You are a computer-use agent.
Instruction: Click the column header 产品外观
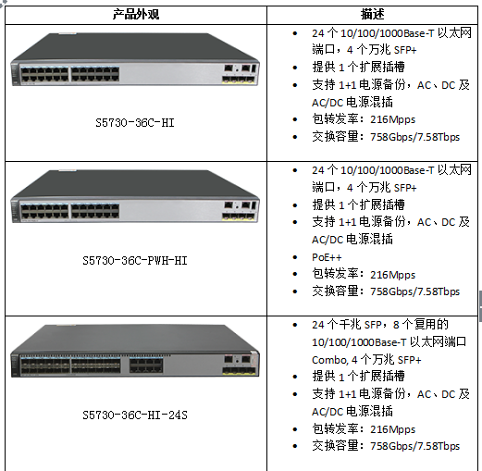tap(136, 15)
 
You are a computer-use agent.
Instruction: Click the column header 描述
tap(373, 14)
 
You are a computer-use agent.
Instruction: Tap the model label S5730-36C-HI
tap(135, 123)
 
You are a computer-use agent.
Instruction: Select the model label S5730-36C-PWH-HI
tap(135, 261)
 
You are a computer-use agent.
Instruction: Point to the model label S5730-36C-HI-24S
tap(135, 415)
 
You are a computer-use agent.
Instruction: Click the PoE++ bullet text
tap(327, 257)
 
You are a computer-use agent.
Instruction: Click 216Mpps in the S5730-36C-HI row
tap(392, 119)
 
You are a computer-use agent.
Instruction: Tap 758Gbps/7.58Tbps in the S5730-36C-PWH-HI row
tap(414, 291)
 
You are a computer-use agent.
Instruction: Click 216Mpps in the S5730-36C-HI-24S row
tap(392, 429)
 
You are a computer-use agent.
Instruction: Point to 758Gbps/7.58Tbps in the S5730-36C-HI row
tap(414, 137)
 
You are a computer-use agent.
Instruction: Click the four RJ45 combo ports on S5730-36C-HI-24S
tap(146, 366)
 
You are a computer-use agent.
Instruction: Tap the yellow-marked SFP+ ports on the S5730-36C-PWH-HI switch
tap(239, 217)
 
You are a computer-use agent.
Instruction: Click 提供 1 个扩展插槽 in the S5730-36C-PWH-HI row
tap(358, 205)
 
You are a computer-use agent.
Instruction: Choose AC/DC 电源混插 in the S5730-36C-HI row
tap(352, 103)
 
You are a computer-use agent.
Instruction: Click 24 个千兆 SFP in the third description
tap(347, 325)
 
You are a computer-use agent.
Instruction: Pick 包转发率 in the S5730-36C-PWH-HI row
tap(335, 274)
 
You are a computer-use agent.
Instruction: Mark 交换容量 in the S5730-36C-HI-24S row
tap(335, 446)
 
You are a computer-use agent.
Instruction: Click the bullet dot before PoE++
tap(295, 257)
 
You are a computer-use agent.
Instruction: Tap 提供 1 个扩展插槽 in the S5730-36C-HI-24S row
tap(358, 377)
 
